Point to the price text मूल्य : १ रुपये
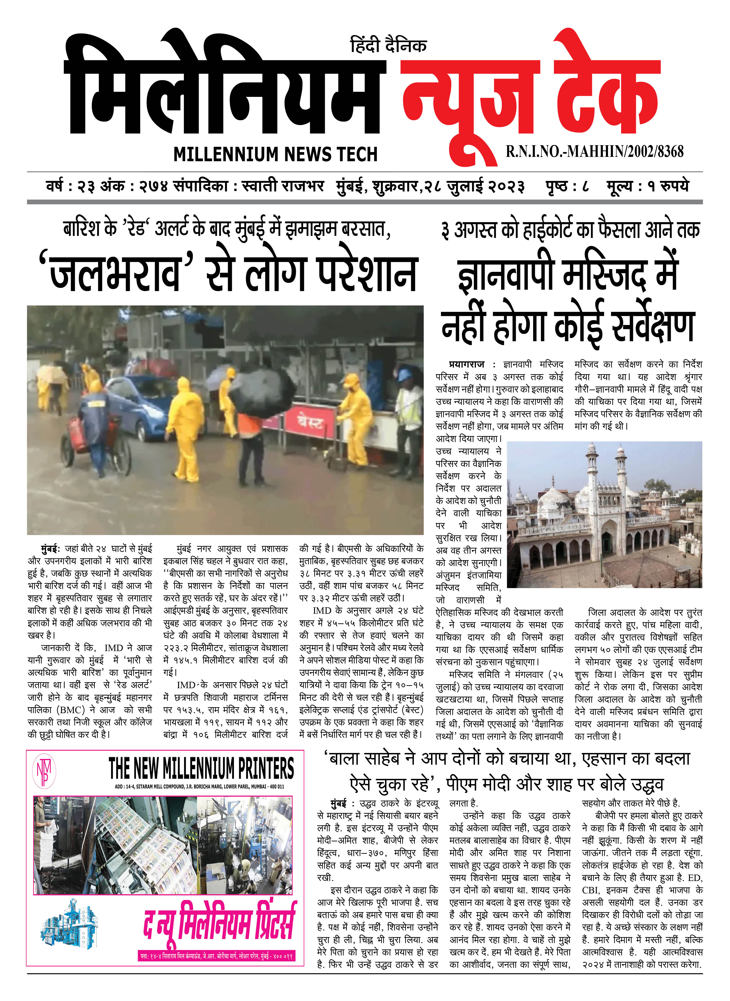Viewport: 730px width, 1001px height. (647, 186)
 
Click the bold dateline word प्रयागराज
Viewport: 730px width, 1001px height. (466, 365)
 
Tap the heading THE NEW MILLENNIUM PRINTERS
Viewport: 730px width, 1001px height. (201, 768)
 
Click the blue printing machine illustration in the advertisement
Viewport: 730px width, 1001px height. (68, 924)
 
